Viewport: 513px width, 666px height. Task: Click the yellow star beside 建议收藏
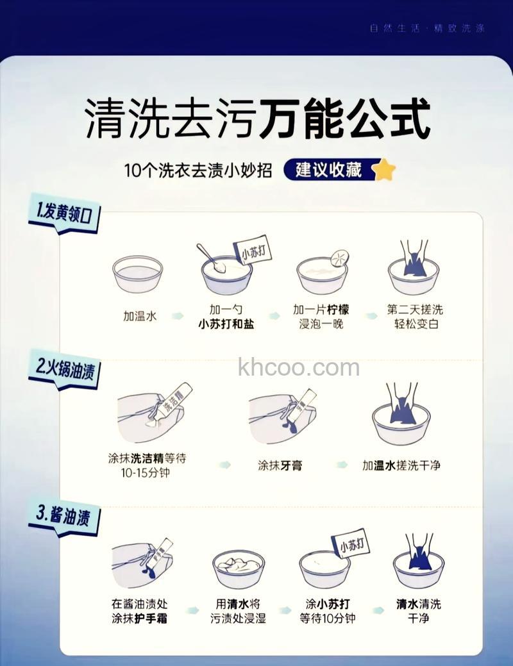pos(384,170)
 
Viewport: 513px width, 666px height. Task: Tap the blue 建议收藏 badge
pos(328,170)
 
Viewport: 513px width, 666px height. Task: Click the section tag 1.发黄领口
pos(65,214)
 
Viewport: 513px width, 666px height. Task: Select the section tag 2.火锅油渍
pos(65,370)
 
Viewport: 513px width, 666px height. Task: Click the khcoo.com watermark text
pos(298,368)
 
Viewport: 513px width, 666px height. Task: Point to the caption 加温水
pos(140,316)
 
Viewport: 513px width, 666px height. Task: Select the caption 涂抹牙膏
pos(280,465)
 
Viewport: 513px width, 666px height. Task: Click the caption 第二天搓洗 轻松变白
pos(416,317)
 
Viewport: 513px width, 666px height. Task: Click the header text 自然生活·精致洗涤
pos(427,28)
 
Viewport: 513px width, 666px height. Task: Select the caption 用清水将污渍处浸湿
pos(238,611)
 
